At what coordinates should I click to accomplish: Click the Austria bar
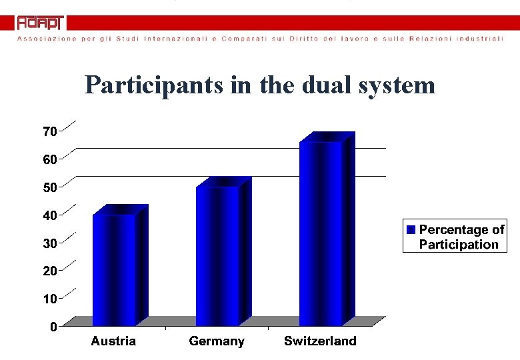click(115, 269)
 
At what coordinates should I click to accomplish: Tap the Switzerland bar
click(321, 233)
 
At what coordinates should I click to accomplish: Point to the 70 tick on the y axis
click(49, 131)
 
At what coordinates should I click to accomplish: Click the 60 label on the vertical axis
click(49, 159)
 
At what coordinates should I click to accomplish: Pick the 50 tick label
click(49, 187)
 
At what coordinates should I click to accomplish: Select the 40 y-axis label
click(49, 215)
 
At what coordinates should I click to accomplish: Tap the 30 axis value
click(49, 243)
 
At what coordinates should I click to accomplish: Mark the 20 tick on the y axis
click(49, 271)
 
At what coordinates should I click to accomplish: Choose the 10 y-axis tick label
click(49, 299)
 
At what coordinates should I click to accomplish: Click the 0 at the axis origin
click(53, 327)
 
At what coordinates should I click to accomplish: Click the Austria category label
click(113, 341)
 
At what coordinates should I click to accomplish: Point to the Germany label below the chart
click(217, 341)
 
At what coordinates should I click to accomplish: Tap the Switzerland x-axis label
click(320, 341)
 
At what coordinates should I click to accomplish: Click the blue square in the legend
click(411, 229)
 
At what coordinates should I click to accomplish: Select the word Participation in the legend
click(459, 245)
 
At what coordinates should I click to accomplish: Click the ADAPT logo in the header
click(40, 23)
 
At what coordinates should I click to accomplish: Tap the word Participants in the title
click(153, 85)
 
